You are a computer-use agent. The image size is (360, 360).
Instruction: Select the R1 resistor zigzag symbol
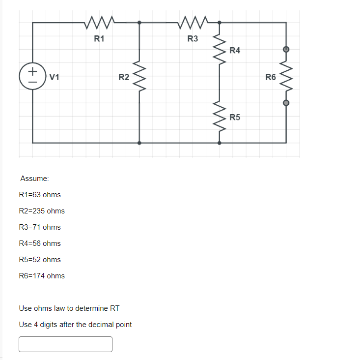pyautogui.click(x=100, y=22)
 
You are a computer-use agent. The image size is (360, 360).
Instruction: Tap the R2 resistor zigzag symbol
pyautogui.click(x=140, y=77)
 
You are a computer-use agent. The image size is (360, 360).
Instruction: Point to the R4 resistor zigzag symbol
pyautogui.click(x=219, y=47)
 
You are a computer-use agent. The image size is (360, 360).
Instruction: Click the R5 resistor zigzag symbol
pyautogui.click(x=219, y=117)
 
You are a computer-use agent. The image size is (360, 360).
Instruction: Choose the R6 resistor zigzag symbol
pyautogui.click(x=286, y=76)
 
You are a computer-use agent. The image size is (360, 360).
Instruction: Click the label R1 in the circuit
pyautogui.click(x=99, y=39)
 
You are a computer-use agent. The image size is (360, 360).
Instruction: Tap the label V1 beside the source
pyautogui.click(x=55, y=77)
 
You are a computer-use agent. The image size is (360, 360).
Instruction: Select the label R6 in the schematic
pyautogui.click(x=271, y=77)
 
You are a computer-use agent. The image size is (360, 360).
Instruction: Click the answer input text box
pyautogui.click(x=65, y=344)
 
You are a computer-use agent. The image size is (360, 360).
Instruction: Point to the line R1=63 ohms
pyautogui.click(x=40, y=195)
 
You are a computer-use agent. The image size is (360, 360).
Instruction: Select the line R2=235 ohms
pyautogui.click(x=42, y=211)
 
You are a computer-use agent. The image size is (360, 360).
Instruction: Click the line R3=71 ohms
pyautogui.click(x=40, y=227)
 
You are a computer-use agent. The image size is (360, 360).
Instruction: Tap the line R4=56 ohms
pyautogui.click(x=40, y=243)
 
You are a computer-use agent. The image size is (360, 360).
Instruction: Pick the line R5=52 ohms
pyautogui.click(x=40, y=260)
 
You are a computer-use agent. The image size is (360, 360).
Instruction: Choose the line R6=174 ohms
pyautogui.click(x=42, y=276)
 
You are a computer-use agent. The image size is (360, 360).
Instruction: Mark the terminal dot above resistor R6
pyautogui.click(x=286, y=50)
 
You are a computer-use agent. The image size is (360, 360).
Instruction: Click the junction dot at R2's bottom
pyautogui.click(x=140, y=143)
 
